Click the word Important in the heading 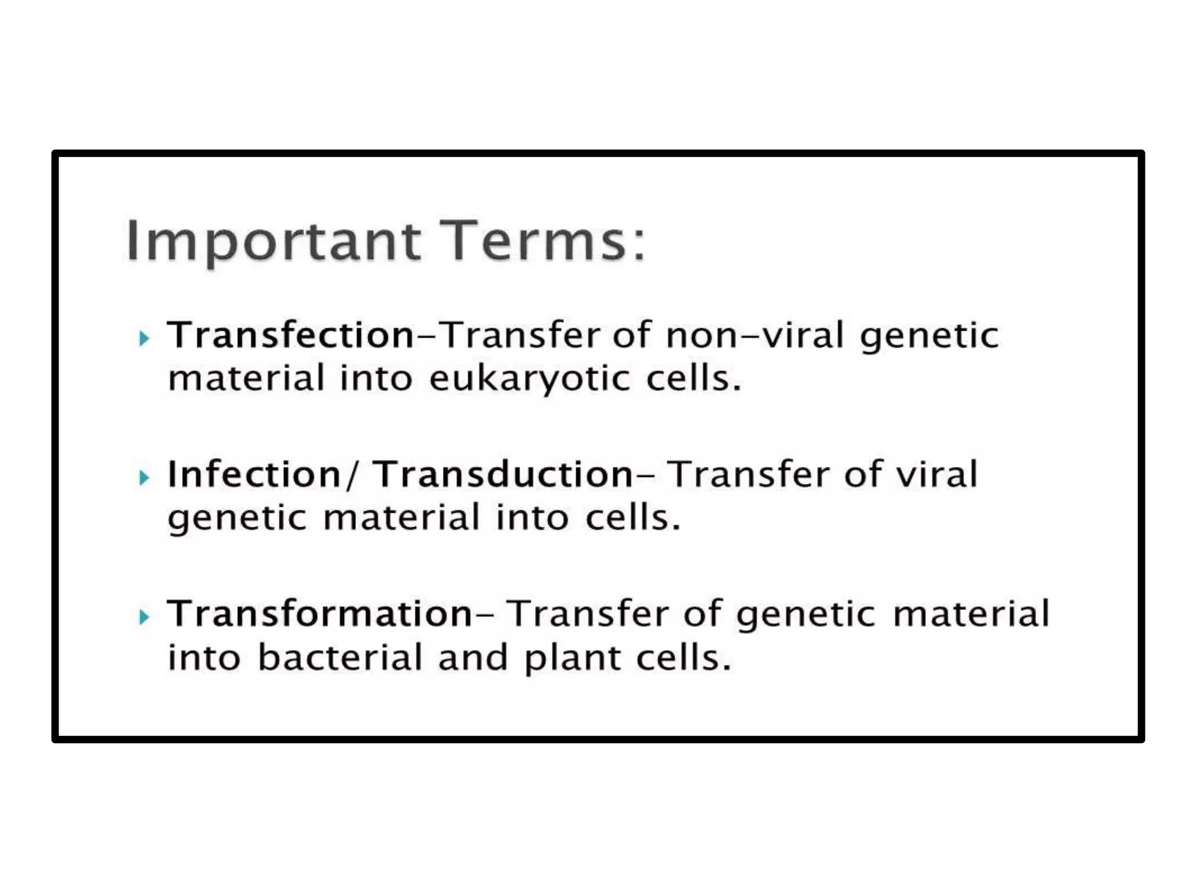point(274,241)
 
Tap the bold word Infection point(254,474)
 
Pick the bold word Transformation point(320,613)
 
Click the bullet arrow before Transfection point(144,338)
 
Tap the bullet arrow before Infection point(144,477)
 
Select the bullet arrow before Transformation point(144,617)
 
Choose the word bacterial point(340,658)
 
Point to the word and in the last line point(472,658)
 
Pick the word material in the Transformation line point(971,613)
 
